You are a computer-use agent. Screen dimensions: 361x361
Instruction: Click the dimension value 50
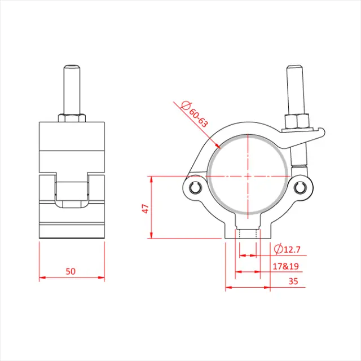(x=71, y=271)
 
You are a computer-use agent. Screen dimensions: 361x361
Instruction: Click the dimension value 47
(x=144, y=208)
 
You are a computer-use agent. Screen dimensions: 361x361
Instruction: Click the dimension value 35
(x=293, y=280)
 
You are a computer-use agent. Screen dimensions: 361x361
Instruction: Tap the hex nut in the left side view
(x=72, y=117)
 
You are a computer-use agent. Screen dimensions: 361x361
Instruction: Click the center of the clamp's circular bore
(x=248, y=176)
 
